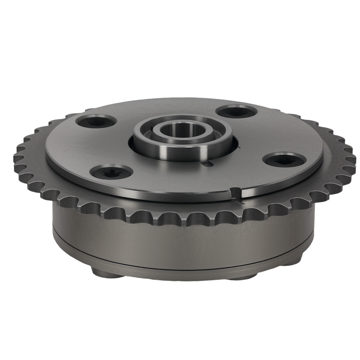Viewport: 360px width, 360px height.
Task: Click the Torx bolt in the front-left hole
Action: click(x=110, y=172)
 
